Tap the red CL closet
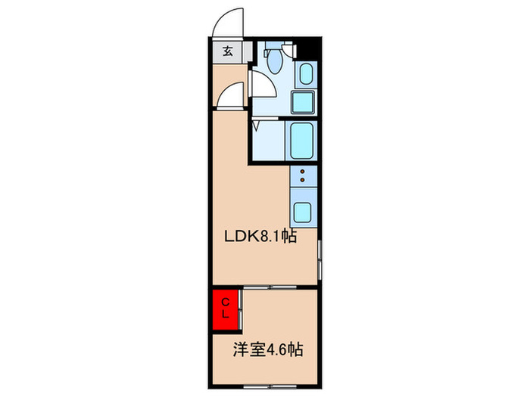tap(225, 309)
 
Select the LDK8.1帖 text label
tap(259, 237)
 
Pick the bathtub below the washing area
tap(302, 139)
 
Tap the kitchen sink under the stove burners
tap(302, 211)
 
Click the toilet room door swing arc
tap(261, 87)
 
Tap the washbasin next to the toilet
tap(306, 73)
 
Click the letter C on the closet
tap(224, 302)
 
